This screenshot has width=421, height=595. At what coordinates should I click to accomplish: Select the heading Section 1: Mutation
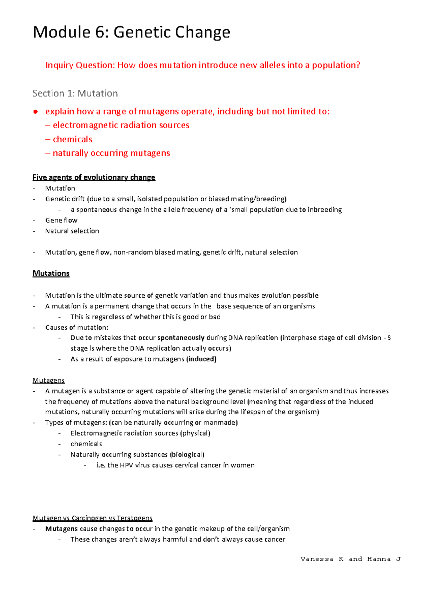(x=75, y=93)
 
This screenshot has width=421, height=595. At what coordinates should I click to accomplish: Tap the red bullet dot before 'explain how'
(x=35, y=112)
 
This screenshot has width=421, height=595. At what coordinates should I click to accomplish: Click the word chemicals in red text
(x=73, y=139)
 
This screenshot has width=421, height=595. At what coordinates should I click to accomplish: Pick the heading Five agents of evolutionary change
(x=94, y=177)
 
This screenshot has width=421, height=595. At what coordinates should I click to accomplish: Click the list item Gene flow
(x=61, y=220)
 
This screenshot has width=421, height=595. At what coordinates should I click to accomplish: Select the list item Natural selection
(x=72, y=231)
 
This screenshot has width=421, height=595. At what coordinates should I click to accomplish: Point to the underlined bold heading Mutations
(x=51, y=273)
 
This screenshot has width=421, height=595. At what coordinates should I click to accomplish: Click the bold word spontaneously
(x=181, y=338)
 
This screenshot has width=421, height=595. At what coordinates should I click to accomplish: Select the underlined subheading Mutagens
(x=48, y=380)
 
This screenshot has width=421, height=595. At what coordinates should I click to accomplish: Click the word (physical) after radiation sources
(x=195, y=433)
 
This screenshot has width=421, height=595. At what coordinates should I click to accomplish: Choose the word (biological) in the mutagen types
(x=187, y=455)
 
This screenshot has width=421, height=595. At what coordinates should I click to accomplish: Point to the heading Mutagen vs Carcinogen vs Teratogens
(x=92, y=518)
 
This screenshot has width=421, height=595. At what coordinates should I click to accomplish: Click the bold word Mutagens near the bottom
(x=61, y=529)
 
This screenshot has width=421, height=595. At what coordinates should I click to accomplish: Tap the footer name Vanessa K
(x=322, y=559)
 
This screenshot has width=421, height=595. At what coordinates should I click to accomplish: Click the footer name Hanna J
(x=383, y=559)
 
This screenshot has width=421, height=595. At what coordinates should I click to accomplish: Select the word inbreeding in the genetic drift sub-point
(x=325, y=210)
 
